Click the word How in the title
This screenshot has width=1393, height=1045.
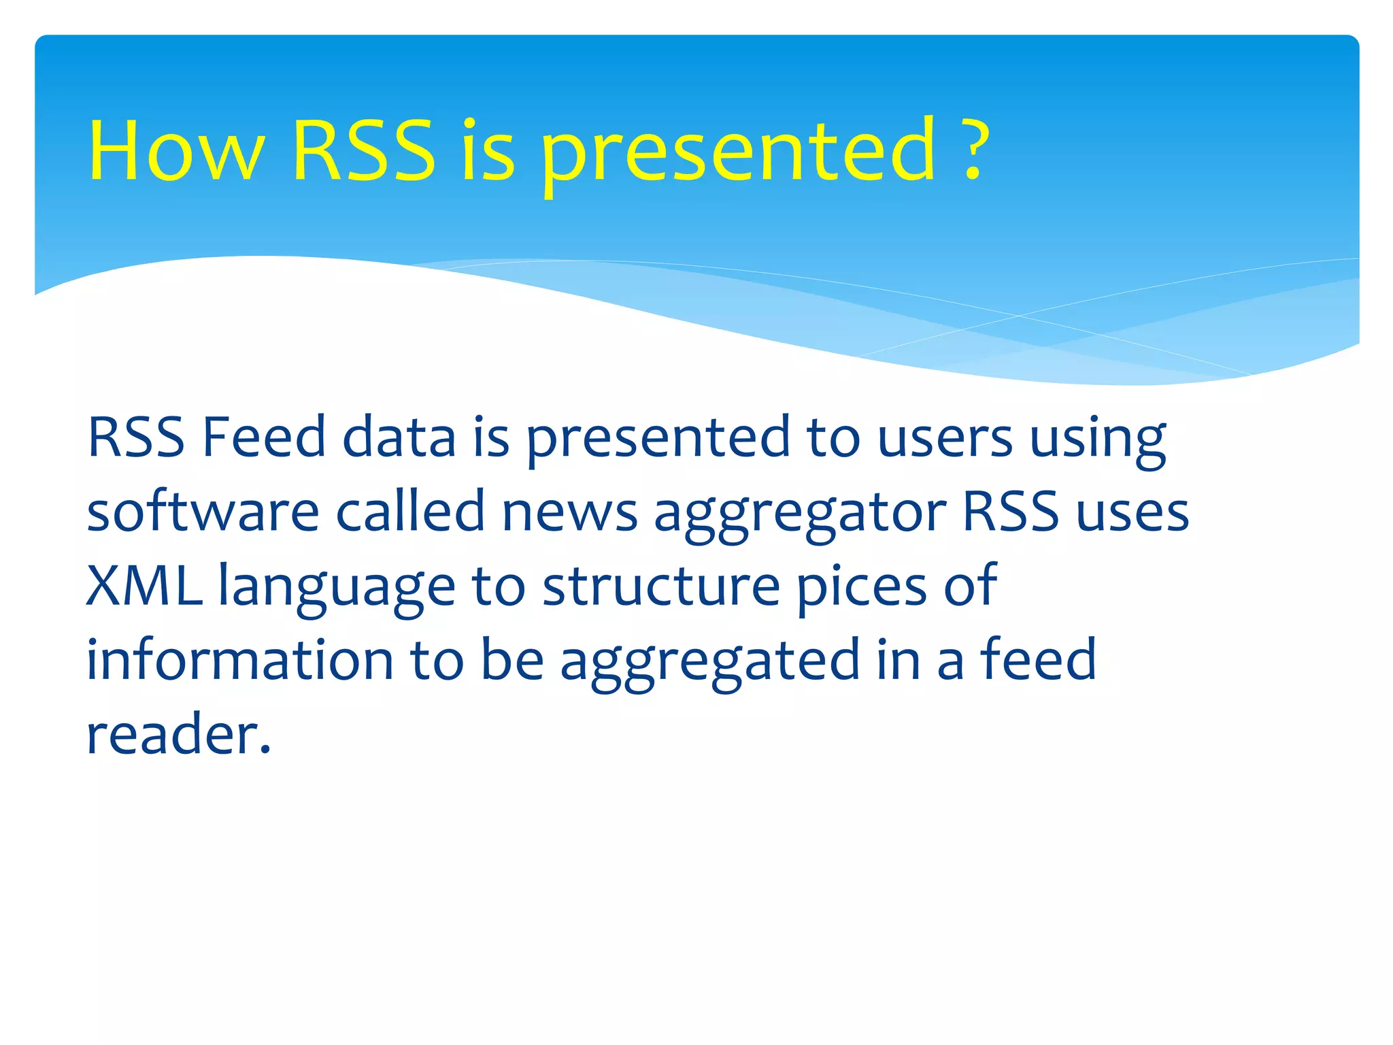click(x=175, y=151)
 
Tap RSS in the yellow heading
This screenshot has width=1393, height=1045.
click(x=363, y=151)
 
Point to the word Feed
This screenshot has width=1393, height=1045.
click(x=264, y=437)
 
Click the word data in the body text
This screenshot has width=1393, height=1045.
click(x=399, y=437)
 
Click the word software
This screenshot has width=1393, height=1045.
click(x=203, y=512)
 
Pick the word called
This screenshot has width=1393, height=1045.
click(x=410, y=512)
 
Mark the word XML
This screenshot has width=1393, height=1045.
click(x=144, y=586)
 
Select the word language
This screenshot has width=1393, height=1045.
click(x=336, y=589)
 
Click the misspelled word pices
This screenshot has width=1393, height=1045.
click(x=861, y=589)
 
